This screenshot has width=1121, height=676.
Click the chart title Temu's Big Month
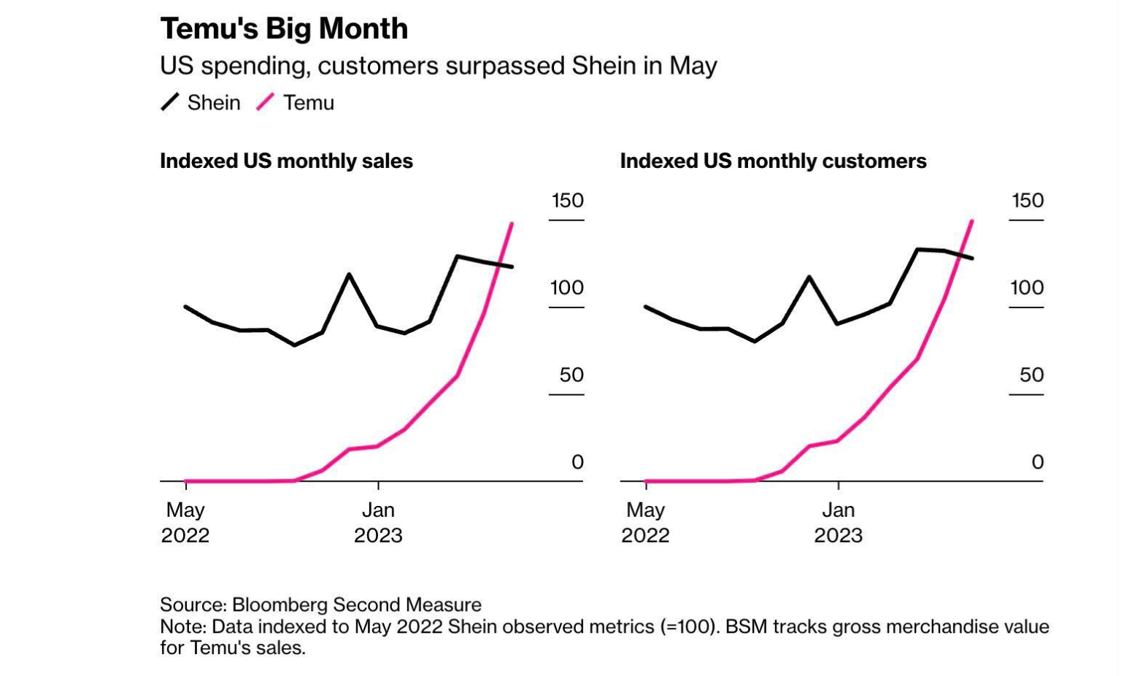(x=284, y=29)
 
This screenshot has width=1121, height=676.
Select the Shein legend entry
(x=201, y=103)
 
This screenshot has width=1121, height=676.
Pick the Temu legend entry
(x=296, y=103)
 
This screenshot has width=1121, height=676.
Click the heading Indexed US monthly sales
(x=286, y=161)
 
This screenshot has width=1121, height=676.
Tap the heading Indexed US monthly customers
(x=773, y=161)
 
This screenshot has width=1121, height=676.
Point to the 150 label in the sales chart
(x=567, y=201)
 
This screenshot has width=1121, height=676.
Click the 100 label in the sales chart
(x=567, y=288)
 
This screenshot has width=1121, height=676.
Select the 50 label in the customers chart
(x=1031, y=375)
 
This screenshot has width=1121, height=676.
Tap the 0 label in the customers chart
(x=1037, y=462)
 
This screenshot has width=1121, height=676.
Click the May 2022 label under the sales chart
(x=185, y=523)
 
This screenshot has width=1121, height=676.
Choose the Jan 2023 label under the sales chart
(x=378, y=523)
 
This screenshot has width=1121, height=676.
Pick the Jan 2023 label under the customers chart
(x=838, y=523)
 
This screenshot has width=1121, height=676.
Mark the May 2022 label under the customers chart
(x=645, y=523)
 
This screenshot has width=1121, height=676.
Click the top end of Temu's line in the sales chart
(x=512, y=223)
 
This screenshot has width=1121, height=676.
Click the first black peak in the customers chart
(x=809, y=277)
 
